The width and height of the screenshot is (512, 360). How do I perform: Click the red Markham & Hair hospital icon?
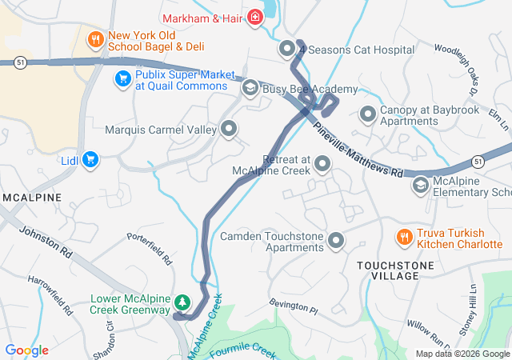(255, 17)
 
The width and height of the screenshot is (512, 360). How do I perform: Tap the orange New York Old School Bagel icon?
(95, 38)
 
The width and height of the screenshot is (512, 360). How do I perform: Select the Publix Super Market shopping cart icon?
(122, 78)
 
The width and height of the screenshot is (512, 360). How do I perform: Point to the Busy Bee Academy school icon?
(250, 87)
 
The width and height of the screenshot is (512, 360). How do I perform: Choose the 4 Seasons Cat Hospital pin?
(287, 50)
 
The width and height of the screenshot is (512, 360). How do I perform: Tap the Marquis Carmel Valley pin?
(230, 129)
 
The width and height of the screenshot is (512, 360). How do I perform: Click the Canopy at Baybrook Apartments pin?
(368, 114)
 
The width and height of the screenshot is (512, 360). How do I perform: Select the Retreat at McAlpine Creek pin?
(323, 165)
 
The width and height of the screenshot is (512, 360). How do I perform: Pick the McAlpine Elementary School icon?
(420, 186)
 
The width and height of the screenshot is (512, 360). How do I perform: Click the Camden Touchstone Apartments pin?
(336, 241)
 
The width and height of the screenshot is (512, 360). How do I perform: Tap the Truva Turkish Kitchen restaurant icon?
(405, 237)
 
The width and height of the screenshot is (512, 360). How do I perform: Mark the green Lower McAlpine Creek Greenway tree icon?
(183, 302)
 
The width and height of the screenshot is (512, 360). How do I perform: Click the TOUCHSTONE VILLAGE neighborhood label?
(388, 270)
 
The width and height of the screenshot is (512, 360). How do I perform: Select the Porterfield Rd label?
(149, 248)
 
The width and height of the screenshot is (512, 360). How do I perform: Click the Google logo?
(27, 350)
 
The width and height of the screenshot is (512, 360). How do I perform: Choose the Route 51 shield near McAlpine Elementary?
(478, 162)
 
